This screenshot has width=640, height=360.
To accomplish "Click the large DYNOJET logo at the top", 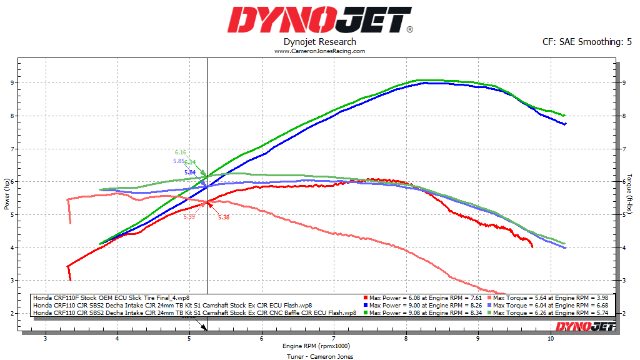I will (x=320, y=20).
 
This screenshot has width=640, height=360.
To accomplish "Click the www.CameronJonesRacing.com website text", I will (x=320, y=51).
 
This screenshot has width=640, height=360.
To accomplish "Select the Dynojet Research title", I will (x=320, y=42).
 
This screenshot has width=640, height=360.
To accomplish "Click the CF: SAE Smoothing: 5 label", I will (x=587, y=42).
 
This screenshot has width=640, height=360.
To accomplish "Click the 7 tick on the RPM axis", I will (x=334, y=339).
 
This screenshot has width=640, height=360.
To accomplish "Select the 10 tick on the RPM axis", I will (x=550, y=339).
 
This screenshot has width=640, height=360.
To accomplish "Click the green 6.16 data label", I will (x=181, y=152).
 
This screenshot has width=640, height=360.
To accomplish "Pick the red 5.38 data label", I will (x=224, y=217).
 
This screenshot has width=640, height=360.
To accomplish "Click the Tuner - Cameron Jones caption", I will (x=320, y=356).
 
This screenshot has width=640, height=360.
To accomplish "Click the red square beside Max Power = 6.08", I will (x=366, y=297).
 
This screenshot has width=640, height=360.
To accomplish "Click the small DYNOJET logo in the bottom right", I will (x=586, y=326).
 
